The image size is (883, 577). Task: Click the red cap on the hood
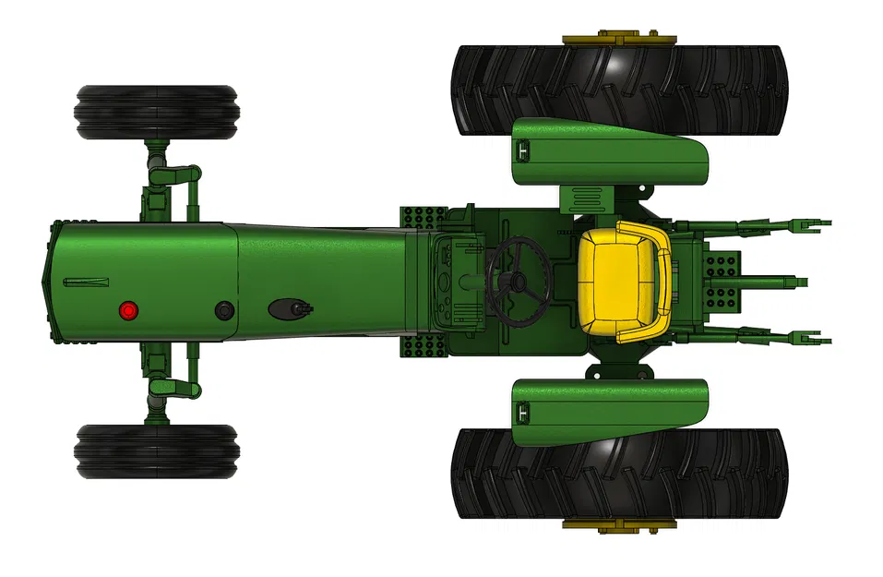[128, 310]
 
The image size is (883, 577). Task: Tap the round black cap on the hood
[224, 310]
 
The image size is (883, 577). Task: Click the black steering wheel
[518, 281]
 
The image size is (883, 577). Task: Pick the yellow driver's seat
[623, 282]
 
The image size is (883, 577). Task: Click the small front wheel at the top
[157, 113]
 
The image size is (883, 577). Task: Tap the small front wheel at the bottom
[157, 451]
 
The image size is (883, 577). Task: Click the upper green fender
[609, 152]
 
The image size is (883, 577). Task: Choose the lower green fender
[609, 411]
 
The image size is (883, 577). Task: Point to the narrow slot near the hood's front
[86, 282]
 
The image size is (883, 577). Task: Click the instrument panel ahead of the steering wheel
[457, 282]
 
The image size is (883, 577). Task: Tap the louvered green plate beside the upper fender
[587, 198]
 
